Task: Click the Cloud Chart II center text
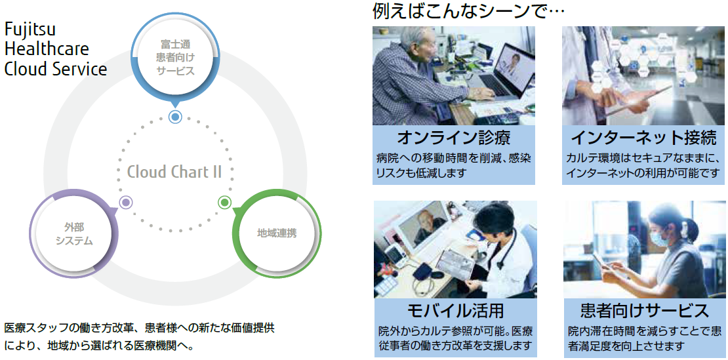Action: [x=174, y=172]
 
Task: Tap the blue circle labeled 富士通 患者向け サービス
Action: [x=175, y=58]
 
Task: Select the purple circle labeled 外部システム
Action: [x=74, y=233]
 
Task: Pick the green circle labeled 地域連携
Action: [x=277, y=233]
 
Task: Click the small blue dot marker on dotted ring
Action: [x=175, y=117]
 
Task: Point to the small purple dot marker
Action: [x=126, y=202]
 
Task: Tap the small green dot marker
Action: [x=225, y=202]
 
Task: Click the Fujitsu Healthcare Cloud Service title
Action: [x=56, y=49]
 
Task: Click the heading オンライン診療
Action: [x=454, y=138]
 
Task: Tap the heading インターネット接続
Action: [x=643, y=138]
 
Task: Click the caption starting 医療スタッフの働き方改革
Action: [x=139, y=337]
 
